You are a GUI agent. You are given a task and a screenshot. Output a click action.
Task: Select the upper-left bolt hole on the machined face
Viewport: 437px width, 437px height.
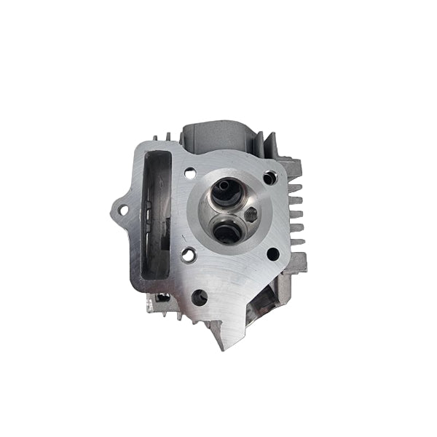pos(189,173)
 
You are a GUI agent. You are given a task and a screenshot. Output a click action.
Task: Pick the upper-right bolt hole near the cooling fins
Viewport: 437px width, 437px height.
pos(272,176)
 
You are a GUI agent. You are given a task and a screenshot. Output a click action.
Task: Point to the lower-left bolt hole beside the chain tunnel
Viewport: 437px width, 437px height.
pos(189,256)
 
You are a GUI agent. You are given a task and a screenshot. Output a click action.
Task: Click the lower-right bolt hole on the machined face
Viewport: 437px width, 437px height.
pos(273,254)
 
